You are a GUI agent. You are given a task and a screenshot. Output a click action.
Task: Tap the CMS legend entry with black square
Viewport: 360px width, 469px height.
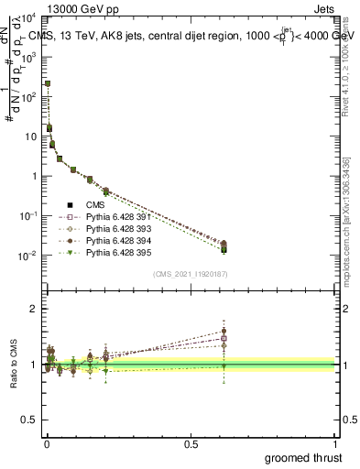[x=93, y=205]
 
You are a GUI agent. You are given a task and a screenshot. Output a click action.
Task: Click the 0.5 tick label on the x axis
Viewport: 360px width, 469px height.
[x=191, y=443]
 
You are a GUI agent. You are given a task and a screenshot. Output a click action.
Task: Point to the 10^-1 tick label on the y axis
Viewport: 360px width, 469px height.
[x=28, y=215]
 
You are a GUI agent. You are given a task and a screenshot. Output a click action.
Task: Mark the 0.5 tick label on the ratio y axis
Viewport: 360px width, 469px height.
[x=30, y=422]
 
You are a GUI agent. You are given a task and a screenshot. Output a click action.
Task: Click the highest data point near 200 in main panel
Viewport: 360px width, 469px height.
[x=48, y=83]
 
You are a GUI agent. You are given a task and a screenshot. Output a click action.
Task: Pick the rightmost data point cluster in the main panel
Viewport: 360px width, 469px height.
[x=224, y=245]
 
